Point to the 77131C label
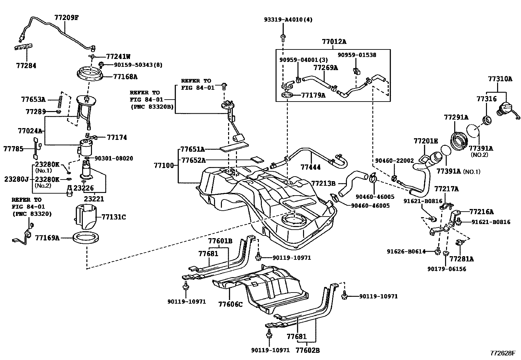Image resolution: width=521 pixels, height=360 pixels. click(x=114, y=217)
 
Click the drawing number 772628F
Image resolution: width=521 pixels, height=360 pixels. click(x=502, y=353)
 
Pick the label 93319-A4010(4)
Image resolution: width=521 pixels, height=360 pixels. click(x=288, y=20)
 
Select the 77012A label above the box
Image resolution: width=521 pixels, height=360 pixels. click(x=334, y=42)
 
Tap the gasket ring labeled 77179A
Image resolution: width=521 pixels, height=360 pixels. click(x=287, y=96)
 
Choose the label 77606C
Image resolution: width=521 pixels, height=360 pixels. click(x=230, y=304)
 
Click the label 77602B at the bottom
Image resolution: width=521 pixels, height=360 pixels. click(x=307, y=350)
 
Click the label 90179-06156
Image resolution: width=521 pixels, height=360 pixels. click(x=447, y=269)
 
